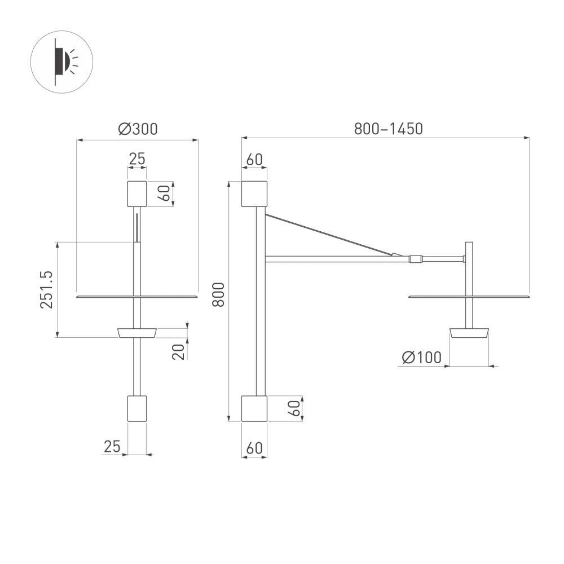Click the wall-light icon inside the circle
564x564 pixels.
point(62,61)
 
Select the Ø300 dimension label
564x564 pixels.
point(138,129)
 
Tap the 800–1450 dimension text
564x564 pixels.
point(388,129)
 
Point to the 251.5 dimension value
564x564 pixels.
point(47,289)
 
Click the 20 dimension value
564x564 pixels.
point(179,351)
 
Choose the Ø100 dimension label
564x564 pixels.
point(421,358)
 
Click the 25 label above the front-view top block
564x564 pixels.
point(137,160)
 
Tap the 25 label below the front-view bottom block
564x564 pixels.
point(112,447)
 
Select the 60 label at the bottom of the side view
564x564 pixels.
point(254,448)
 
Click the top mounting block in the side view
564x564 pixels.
point(254,193)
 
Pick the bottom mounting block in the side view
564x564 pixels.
point(254,408)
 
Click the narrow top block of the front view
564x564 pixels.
point(137,193)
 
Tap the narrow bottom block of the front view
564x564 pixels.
point(137,408)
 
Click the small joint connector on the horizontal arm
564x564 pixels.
point(416,259)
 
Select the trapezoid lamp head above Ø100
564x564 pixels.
point(469,333)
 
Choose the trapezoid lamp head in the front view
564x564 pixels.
point(136,333)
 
